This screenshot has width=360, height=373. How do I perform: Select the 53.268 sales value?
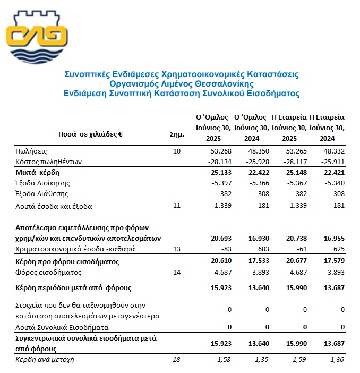pyautogui.click(x=217, y=152)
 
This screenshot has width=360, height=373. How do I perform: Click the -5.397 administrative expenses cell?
pyautogui.click(x=217, y=184)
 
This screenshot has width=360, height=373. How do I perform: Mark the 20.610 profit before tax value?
pyautogui.click(x=217, y=261)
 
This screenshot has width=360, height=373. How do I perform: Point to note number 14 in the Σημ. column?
pyautogui.click(x=177, y=272)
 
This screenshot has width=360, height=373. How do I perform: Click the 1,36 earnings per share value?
pyautogui.click(x=334, y=360)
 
